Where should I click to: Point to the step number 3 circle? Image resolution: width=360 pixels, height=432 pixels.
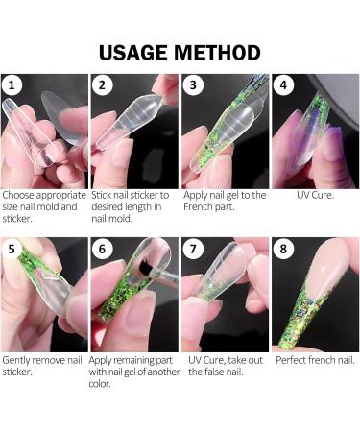tap(195, 86)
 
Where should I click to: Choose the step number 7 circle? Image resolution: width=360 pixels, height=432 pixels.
tap(195, 249)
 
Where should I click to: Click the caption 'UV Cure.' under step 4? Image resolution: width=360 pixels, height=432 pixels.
tap(315, 195)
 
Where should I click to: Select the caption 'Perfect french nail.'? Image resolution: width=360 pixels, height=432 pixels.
tap(315, 360)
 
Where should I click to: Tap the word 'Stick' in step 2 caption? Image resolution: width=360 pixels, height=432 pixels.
tap(103, 195)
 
